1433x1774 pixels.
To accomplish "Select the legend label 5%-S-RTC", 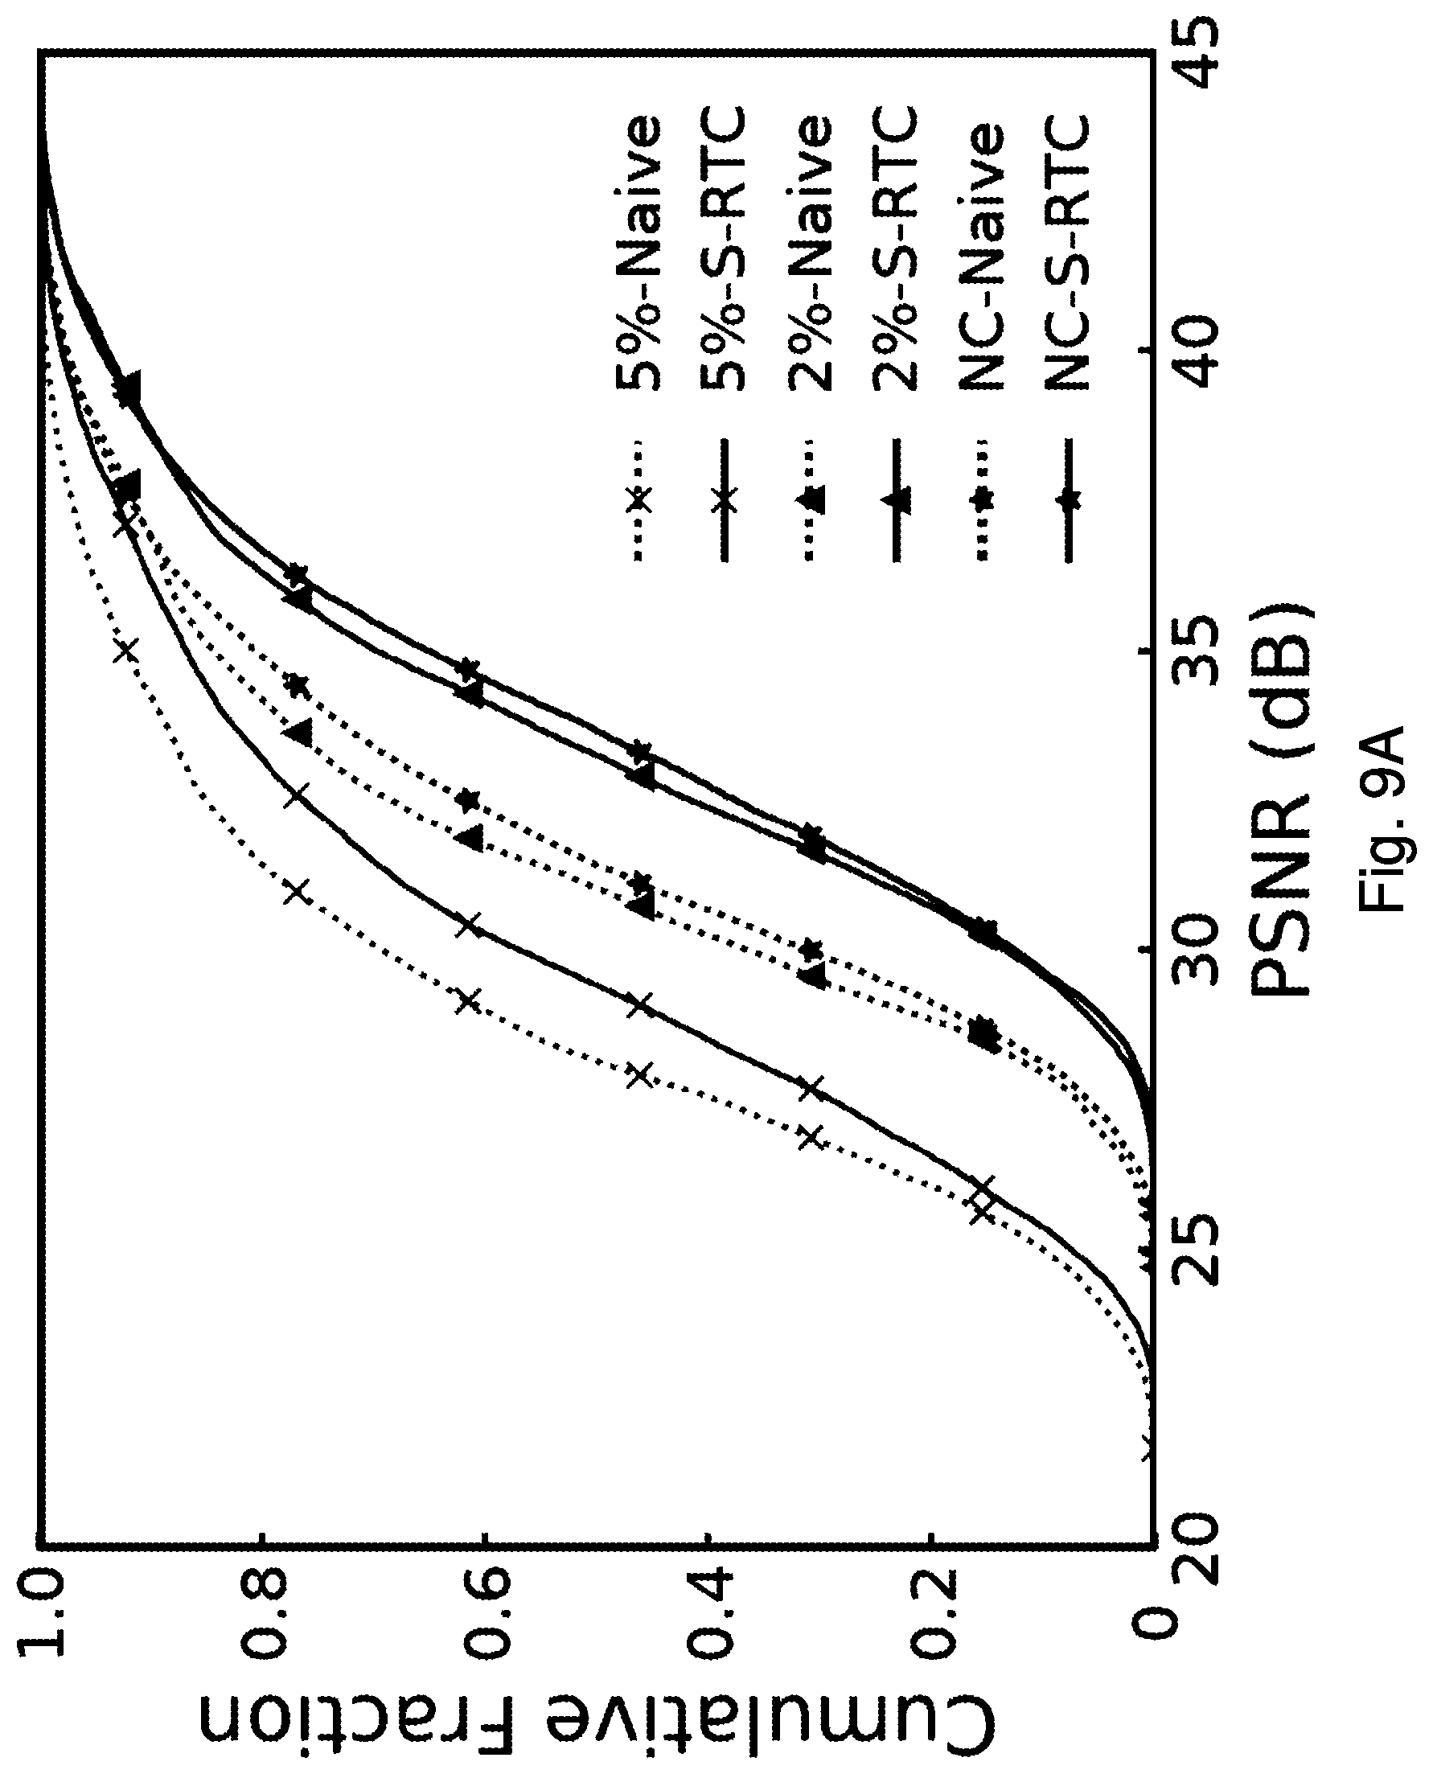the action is point(723,248).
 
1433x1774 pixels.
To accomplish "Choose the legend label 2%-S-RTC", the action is point(895,248).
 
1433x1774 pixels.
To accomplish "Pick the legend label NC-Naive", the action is point(980,257).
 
